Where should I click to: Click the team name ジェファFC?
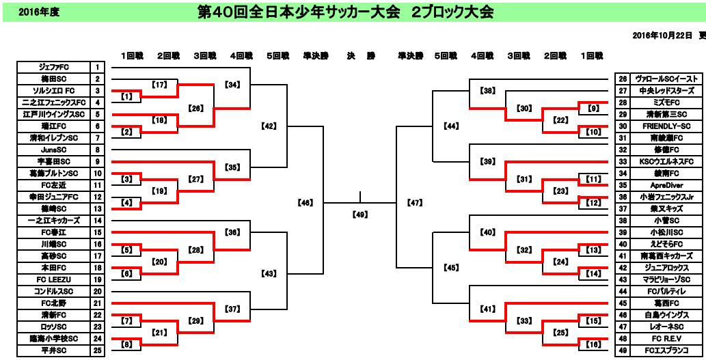pyautogui.click(x=53, y=67)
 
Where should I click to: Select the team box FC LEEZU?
pyautogui.click(x=53, y=280)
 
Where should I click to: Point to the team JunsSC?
pyautogui.click(x=53, y=150)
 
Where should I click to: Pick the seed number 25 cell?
pyautogui.click(x=98, y=351)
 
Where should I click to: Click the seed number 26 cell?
pyautogui.click(x=623, y=79)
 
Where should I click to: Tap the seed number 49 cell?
pyautogui.click(x=623, y=351)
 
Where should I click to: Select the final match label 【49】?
pyautogui.click(x=359, y=215)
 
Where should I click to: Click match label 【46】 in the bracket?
pyautogui.click(x=305, y=203)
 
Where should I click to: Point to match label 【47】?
pyautogui.click(x=414, y=203)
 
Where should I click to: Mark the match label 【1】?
pyautogui.click(x=127, y=97)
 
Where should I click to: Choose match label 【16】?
pyautogui.click(x=593, y=345)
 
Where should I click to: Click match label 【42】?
pyautogui.click(x=269, y=126)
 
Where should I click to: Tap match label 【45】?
pyautogui.click(x=450, y=268)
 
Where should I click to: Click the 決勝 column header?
pyautogui.click(x=360, y=55)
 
